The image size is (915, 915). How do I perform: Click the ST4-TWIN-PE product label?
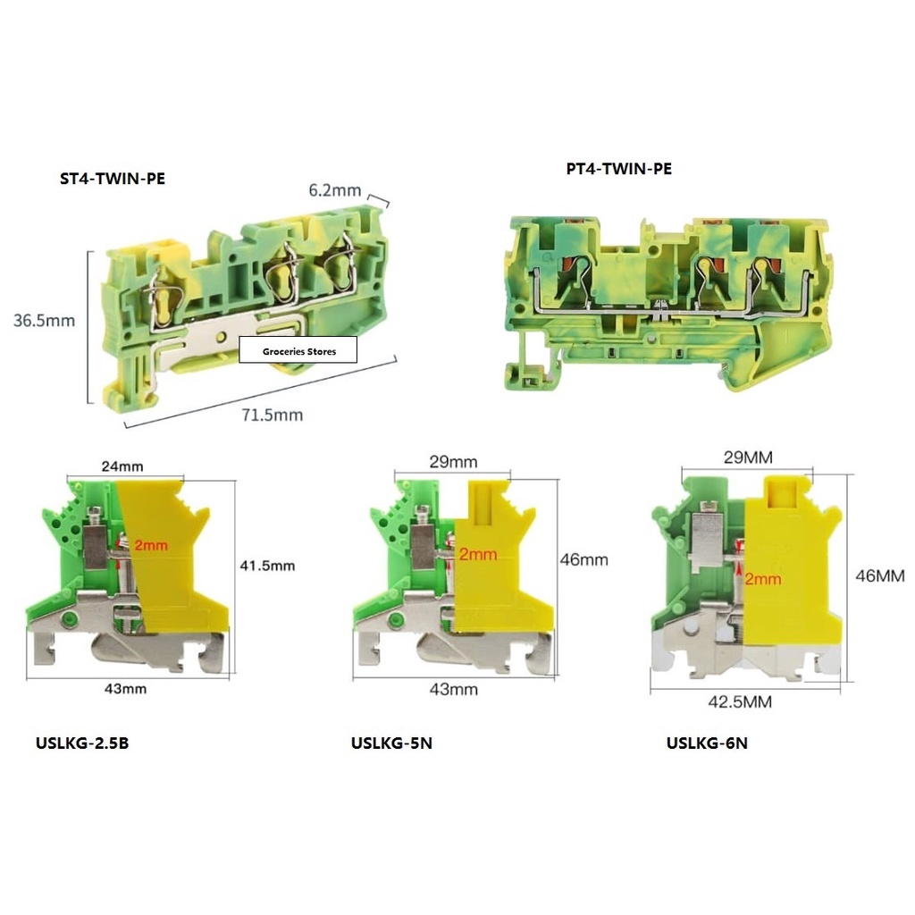pyautogui.click(x=112, y=179)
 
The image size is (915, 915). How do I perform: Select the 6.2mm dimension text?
pyautogui.click(x=334, y=190)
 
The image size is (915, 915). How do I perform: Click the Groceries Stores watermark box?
pyautogui.click(x=298, y=351)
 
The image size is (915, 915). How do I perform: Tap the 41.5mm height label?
pyautogui.click(x=267, y=566)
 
